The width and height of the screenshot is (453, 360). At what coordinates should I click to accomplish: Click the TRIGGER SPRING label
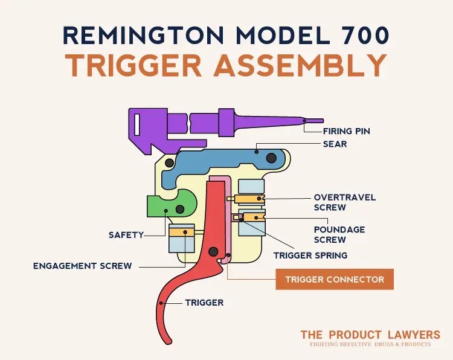click(310, 256)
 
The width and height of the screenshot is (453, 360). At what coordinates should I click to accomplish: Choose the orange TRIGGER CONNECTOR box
click(335, 280)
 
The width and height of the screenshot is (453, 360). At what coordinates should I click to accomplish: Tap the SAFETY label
click(126, 235)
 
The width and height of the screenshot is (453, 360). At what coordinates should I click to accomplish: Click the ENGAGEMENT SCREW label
click(82, 266)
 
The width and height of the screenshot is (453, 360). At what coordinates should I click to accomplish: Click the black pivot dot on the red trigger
click(213, 252)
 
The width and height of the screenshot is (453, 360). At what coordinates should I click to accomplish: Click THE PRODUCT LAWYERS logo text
click(371, 335)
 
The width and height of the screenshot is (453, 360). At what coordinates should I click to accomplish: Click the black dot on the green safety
click(180, 209)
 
